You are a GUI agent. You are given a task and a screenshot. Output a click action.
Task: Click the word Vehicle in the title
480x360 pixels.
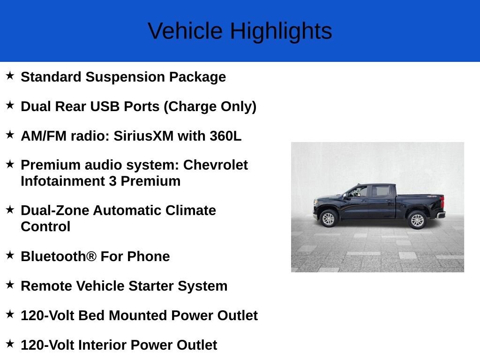click(185, 31)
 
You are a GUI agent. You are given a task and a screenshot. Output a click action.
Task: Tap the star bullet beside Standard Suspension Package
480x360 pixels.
click(10, 75)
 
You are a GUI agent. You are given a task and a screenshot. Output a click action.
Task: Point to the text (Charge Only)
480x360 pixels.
click(210, 107)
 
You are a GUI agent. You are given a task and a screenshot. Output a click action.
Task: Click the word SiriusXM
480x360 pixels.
click(143, 136)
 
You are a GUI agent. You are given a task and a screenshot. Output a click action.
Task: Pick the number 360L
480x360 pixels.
click(225, 136)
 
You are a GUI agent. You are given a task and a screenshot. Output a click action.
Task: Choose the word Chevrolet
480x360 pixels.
click(216, 165)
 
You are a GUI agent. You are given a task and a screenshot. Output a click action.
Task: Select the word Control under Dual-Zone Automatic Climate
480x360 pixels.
click(45, 226)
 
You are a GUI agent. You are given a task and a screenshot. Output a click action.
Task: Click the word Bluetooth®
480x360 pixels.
click(59, 256)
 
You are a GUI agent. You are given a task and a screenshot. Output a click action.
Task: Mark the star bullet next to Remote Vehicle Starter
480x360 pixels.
click(10, 285)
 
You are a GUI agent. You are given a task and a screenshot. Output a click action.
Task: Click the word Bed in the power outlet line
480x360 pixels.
click(91, 315)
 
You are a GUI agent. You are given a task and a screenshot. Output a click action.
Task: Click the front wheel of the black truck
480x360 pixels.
click(328, 218)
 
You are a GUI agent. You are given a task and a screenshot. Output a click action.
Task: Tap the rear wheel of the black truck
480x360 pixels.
click(417, 220)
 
